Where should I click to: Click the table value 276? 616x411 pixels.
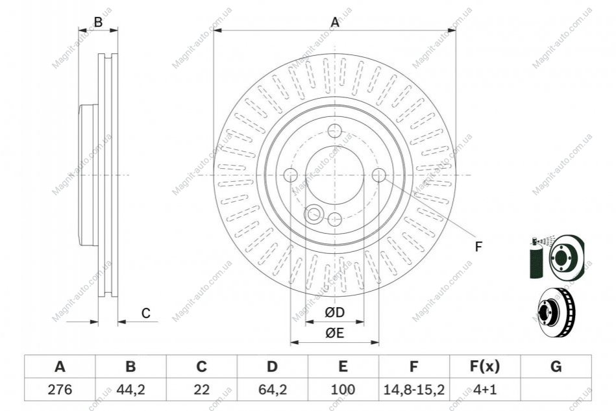[60, 390]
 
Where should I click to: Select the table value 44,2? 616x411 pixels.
[131, 390]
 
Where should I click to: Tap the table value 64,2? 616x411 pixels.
[272, 390]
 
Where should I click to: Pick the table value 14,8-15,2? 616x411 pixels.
[413, 390]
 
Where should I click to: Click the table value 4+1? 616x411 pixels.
[485, 390]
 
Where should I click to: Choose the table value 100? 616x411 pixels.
[343, 390]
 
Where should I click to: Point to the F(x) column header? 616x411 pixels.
[485, 367]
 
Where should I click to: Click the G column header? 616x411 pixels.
[556, 367]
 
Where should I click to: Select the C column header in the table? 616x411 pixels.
[201, 367]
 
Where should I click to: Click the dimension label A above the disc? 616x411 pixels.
[335, 22]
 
